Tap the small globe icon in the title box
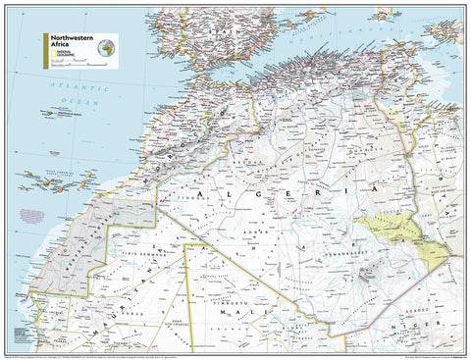point(106,44)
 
